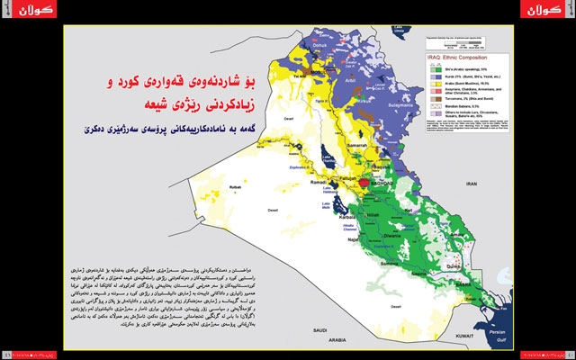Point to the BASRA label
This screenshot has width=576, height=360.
click(454, 286)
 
